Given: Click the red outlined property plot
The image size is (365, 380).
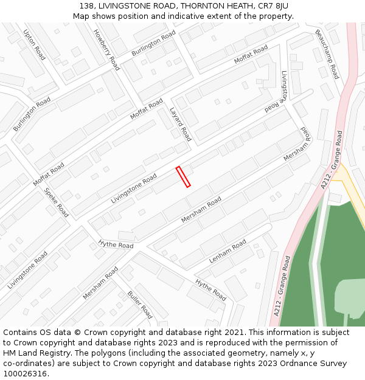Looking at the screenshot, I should point(183,176).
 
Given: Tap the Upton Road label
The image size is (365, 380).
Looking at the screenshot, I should point(34,45).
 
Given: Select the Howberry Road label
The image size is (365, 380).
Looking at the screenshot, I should point(106,50).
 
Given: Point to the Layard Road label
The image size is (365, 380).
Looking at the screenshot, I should point(180,125).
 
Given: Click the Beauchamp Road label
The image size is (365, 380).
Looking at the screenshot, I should point(327,54).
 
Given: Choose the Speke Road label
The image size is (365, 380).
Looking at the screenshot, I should point(56,202).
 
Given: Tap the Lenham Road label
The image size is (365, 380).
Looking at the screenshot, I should point(228,251).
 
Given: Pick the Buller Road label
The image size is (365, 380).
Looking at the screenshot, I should point(140,305).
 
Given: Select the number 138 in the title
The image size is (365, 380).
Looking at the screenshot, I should point(86,6).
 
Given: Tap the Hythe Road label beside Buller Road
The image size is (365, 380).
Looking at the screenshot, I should point(210,289).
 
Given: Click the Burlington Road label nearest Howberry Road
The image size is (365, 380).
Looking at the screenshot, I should point(153,43).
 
